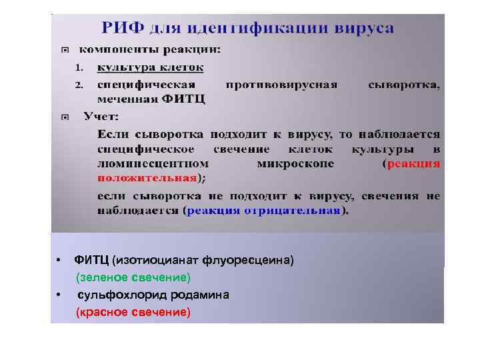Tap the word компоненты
tap(117, 49)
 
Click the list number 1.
tap(79, 67)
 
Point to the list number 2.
tap(79, 85)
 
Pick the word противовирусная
tap(281, 85)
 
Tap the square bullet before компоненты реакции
tap(65, 50)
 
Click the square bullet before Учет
tap(65, 117)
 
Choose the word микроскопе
tap(295, 163)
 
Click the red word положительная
tap(147, 177)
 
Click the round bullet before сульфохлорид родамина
tap(59, 295)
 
